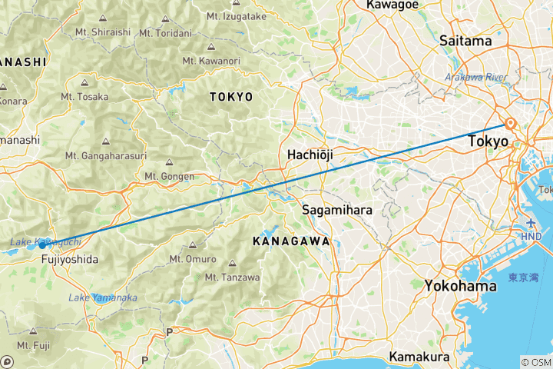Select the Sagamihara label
[337, 209]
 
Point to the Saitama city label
[465, 41]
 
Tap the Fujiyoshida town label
[70, 259]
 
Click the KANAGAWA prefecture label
[291, 241]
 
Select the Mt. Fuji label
[38, 345]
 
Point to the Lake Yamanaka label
[103, 298]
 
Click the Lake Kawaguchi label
[35, 242]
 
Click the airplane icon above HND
[530, 223]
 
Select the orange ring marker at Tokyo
[509, 124]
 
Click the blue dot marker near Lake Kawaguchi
[43, 244]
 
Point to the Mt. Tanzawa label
[233, 278]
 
